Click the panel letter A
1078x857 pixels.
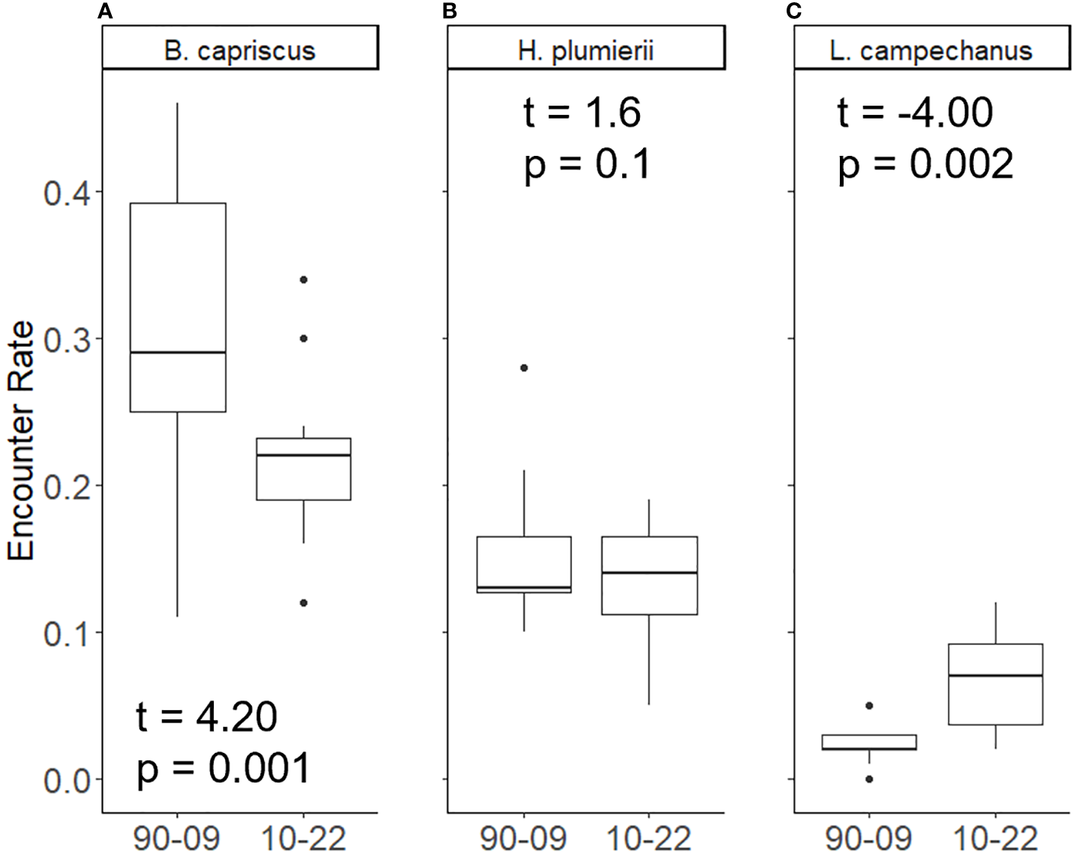point(105,11)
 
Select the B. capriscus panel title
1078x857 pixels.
point(240,50)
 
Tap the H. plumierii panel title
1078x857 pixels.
point(585,50)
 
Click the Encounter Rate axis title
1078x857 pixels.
point(21,441)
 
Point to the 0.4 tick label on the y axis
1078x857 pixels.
point(67,192)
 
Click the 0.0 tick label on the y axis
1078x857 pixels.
point(67,781)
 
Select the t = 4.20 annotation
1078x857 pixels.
point(206,716)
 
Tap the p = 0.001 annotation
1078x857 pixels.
point(224,767)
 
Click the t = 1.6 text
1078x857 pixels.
point(582,113)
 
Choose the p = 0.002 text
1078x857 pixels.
point(925,163)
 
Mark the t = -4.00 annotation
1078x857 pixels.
point(914,113)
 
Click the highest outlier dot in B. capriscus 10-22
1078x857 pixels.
point(304,280)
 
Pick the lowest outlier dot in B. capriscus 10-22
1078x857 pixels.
point(304,603)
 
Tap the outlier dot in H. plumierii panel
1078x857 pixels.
point(524,368)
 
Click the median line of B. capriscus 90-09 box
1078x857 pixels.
point(178,353)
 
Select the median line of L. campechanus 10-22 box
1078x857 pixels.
point(995,675)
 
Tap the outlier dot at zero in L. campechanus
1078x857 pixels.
point(870,779)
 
